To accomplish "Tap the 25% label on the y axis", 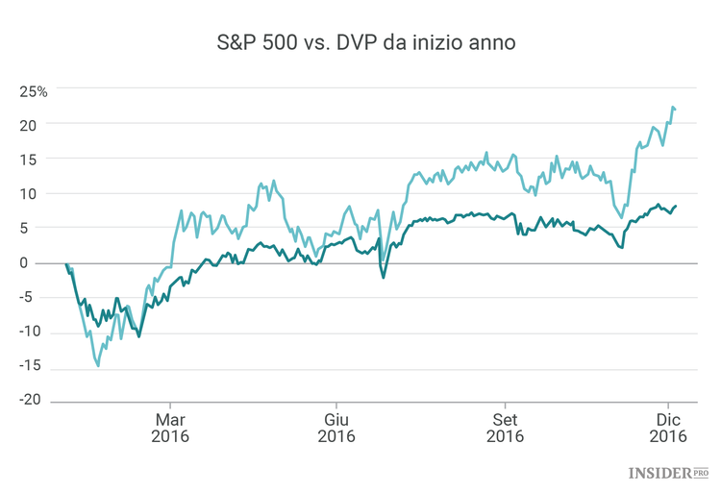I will (x=33, y=91).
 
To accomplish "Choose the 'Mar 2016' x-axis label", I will (x=170, y=428).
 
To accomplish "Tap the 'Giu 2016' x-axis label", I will (x=336, y=428).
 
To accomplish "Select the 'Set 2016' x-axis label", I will (x=505, y=428).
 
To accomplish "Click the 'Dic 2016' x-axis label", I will (x=669, y=428).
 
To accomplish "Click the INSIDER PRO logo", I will (x=668, y=472).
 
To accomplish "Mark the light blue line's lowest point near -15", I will (x=98, y=365).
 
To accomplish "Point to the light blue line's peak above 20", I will (x=673, y=108).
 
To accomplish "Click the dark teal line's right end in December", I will (x=676, y=206).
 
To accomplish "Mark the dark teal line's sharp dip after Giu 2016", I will (x=384, y=278).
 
